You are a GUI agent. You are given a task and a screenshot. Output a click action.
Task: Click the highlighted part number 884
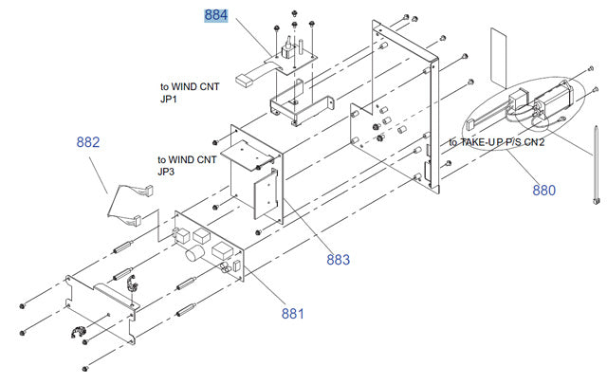coord(216,16)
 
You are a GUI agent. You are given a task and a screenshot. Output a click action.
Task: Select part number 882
coord(88,142)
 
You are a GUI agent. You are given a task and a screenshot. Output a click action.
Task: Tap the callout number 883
coord(339,259)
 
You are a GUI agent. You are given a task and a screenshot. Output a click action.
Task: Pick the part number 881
coord(293,313)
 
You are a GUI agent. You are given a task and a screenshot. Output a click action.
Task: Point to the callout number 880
coord(543,190)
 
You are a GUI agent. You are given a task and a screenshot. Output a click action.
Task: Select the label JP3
coord(166,172)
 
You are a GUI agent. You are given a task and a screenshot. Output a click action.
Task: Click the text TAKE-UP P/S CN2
coord(497,142)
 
